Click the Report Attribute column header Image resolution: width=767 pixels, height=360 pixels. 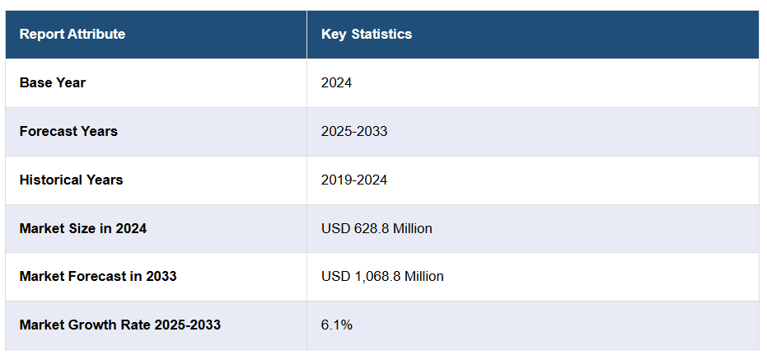(x=72, y=34)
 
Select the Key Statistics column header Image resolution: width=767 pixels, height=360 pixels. (x=367, y=34)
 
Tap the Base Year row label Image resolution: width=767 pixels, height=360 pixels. (x=53, y=82)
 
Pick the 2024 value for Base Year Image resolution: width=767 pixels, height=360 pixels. (x=337, y=82)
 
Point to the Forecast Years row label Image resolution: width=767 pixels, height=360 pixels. (x=68, y=131)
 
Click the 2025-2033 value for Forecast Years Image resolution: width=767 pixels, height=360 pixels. (x=354, y=131)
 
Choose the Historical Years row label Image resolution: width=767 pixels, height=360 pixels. (x=71, y=180)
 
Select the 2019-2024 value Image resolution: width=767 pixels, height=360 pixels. (x=354, y=180)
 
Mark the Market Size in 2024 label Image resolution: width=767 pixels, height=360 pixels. (x=83, y=228)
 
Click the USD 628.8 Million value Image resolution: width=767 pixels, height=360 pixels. (x=376, y=228)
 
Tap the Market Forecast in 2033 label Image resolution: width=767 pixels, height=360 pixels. (x=98, y=276)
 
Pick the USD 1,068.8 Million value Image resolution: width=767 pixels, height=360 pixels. (x=382, y=276)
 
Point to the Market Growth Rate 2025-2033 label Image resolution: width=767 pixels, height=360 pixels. (x=120, y=325)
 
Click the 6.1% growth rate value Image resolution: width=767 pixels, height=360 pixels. (x=337, y=325)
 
